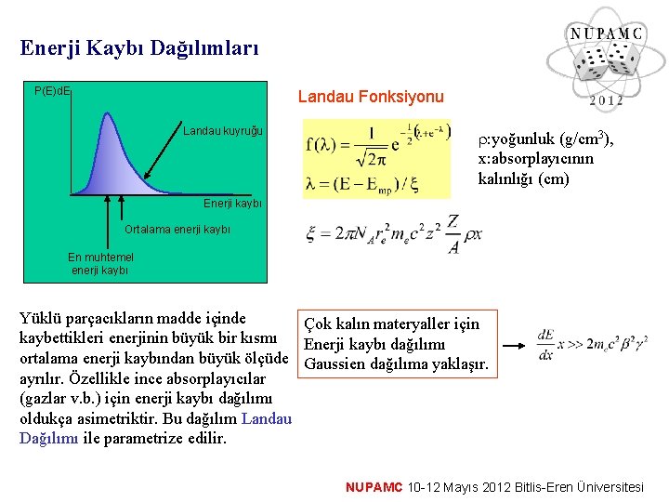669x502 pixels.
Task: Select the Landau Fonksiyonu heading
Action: pos(371,97)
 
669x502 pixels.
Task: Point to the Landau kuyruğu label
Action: pos(223,130)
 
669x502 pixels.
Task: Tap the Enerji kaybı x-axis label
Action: pos(232,204)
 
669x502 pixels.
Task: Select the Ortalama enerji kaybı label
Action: pos(177,230)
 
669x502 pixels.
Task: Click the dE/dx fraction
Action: pos(547,345)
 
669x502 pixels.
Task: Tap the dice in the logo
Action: pos(603,67)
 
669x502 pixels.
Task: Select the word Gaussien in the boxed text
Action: pos(334,363)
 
